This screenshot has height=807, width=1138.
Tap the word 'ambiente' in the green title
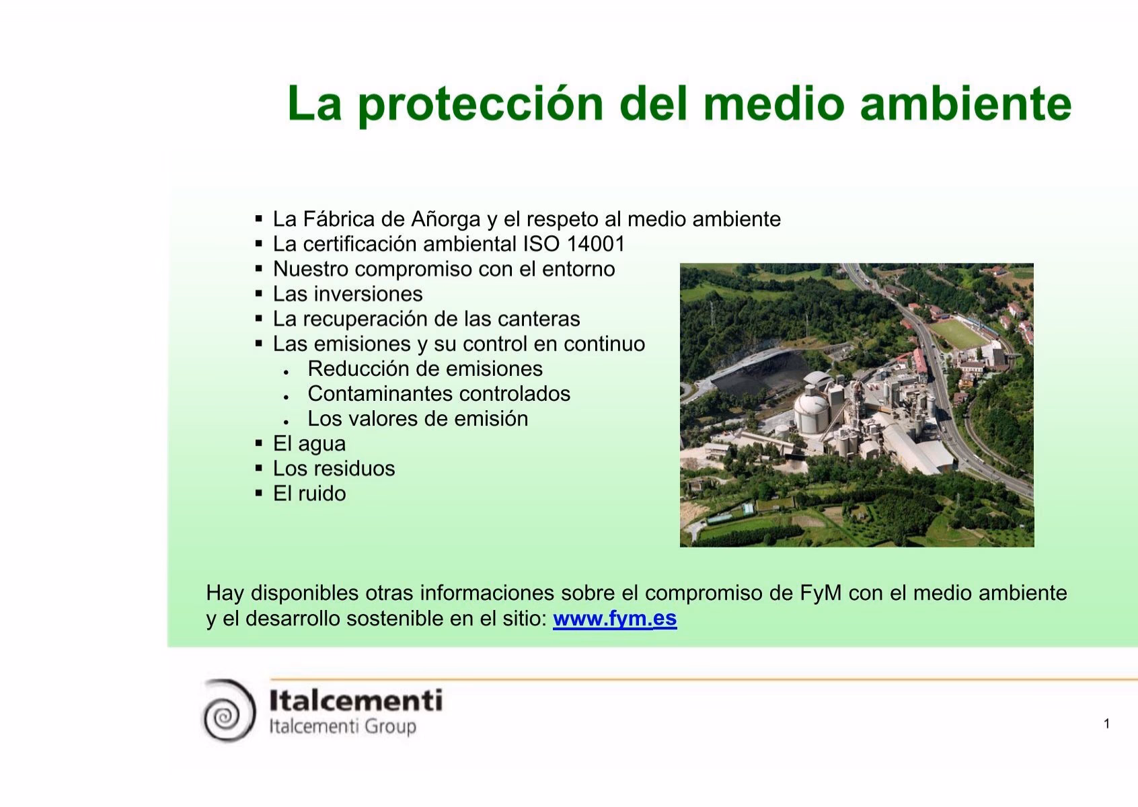(x=966, y=104)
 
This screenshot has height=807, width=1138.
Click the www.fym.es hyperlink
(x=615, y=618)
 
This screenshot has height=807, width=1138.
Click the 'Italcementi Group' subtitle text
(x=342, y=727)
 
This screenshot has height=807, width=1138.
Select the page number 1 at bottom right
(x=1106, y=724)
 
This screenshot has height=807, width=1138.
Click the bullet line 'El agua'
(x=309, y=444)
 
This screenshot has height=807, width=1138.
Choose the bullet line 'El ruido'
(x=309, y=494)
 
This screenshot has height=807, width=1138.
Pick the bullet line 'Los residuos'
(x=334, y=469)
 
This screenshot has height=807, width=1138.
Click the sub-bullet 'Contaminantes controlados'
(x=439, y=393)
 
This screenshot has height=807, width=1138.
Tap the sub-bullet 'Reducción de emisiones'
(x=424, y=369)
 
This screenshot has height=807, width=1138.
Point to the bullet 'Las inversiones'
(x=347, y=294)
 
